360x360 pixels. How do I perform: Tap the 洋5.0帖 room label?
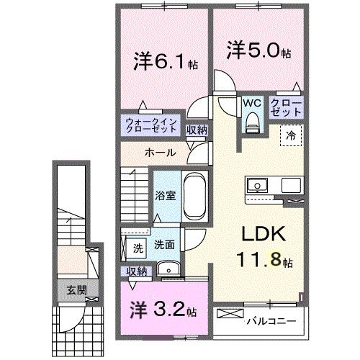coord(260,51)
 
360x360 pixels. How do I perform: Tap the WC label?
coord(251,104)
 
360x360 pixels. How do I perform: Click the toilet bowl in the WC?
coord(251,124)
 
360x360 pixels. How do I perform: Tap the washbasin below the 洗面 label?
coord(170,270)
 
